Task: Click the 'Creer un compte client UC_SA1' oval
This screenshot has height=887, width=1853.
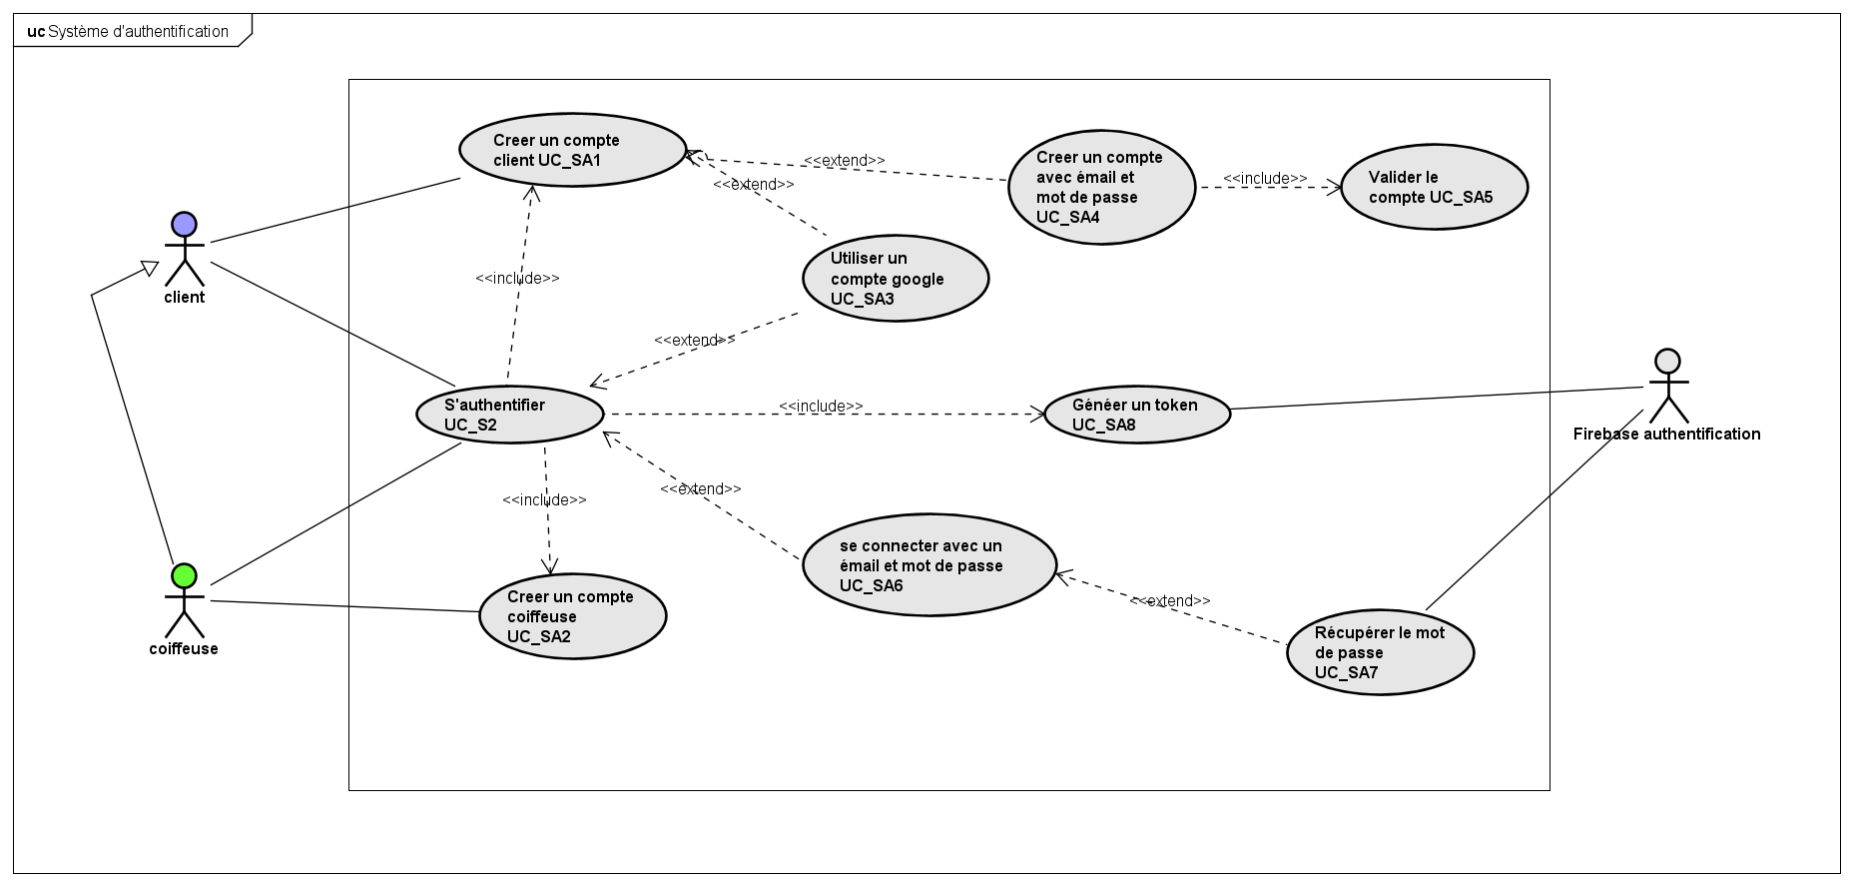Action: click(x=572, y=150)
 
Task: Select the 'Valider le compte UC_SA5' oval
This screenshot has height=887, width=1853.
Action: click(x=1434, y=187)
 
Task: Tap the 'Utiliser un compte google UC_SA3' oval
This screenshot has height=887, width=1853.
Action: click(x=895, y=278)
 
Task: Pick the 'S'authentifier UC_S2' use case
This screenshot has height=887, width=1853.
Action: click(x=509, y=415)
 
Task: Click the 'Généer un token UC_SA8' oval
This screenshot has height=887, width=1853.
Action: click(x=1136, y=415)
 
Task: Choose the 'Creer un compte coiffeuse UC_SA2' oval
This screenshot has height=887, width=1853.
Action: click(x=572, y=615)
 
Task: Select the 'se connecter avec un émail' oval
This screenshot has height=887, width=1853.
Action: click(x=928, y=565)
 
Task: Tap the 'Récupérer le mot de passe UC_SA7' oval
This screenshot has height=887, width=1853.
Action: click(x=1380, y=652)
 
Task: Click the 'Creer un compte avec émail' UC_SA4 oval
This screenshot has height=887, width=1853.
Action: click(x=1100, y=187)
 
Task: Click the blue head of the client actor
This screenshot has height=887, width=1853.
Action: click(x=184, y=224)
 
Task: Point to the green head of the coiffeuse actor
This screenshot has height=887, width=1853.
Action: click(x=184, y=575)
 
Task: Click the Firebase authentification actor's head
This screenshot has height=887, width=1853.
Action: click(x=1666, y=361)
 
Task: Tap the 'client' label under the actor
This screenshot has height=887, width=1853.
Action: click(x=184, y=297)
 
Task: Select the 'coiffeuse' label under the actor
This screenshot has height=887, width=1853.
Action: click(x=184, y=648)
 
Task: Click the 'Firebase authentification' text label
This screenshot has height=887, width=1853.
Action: click(x=1666, y=434)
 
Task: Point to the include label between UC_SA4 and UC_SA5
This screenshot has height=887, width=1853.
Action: click(x=1264, y=178)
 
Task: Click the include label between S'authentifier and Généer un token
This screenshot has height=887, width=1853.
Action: click(x=821, y=406)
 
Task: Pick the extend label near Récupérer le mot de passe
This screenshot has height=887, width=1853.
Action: click(x=1170, y=600)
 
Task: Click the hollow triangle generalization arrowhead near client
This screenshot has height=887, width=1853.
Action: click(x=149, y=268)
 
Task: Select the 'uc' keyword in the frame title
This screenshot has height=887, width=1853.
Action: click(x=36, y=31)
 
